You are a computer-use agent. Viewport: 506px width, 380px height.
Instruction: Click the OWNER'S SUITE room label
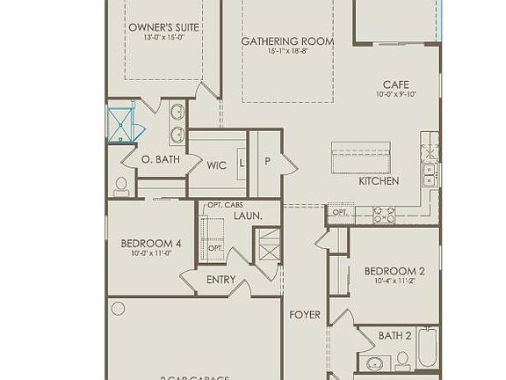[163, 27]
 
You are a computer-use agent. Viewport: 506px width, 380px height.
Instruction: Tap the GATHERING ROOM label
[275, 41]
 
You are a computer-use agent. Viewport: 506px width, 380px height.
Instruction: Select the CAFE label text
[395, 84]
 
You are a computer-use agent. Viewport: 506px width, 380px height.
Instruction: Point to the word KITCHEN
[379, 181]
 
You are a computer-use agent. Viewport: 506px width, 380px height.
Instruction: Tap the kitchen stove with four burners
[384, 213]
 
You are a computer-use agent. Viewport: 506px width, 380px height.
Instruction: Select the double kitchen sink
[430, 174]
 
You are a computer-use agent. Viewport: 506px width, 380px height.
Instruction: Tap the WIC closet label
[217, 164]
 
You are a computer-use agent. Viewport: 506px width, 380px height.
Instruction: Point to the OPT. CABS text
[225, 205]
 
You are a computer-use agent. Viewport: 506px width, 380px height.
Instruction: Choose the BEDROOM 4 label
[151, 244]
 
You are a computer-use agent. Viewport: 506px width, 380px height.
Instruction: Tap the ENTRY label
[220, 280]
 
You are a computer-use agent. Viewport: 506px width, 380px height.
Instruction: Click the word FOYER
[305, 314]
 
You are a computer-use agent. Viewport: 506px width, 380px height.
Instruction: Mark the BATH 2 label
[395, 335]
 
